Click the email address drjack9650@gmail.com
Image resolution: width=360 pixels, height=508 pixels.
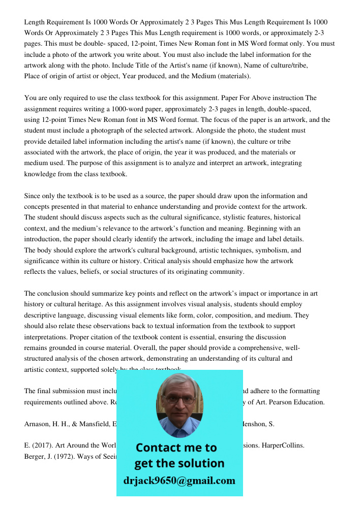tap(179, 481)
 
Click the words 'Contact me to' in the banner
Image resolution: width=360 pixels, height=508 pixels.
tap(176, 448)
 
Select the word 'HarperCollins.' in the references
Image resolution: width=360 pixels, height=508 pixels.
tap(283, 446)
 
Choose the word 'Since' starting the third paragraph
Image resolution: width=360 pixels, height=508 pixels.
tap(33, 196)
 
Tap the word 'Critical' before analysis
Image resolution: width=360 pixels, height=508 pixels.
tap(156, 261)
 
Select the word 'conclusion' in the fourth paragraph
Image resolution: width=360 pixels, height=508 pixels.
tap(55, 293)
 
